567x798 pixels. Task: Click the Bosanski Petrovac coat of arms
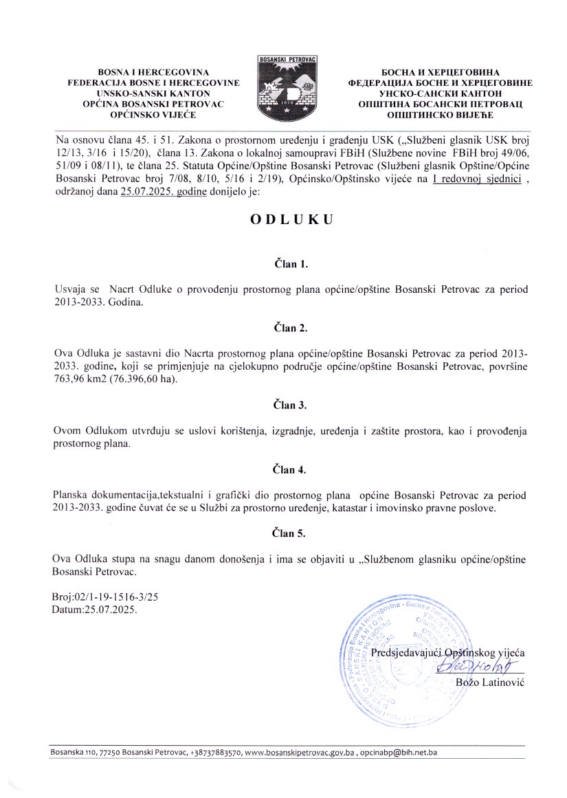coord(284,87)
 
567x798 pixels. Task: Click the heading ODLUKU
coord(283,220)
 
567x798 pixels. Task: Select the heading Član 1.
coord(283,263)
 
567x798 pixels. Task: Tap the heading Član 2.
coord(283,328)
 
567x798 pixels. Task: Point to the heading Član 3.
coord(283,406)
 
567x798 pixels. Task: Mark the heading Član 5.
coord(283,533)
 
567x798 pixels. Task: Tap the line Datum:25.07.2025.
coord(94,610)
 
